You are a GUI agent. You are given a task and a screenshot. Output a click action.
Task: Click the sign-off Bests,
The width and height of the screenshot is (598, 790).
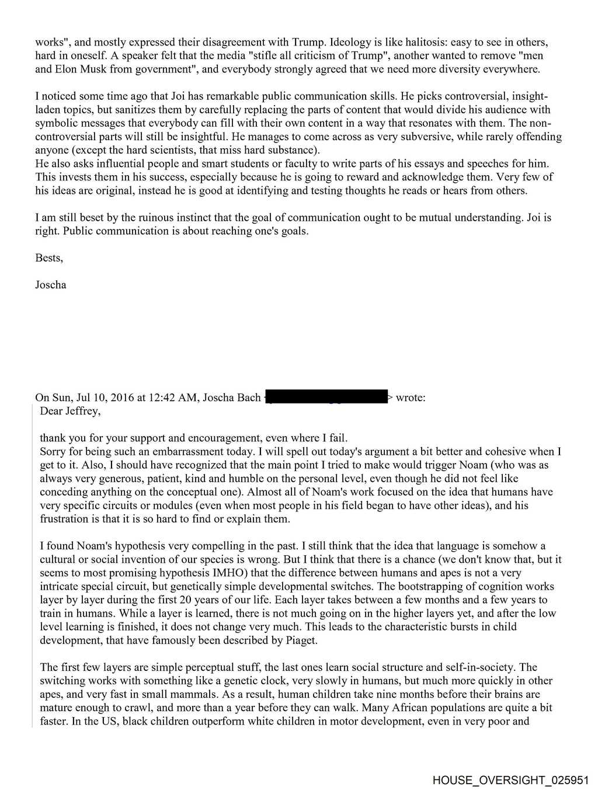[49, 257]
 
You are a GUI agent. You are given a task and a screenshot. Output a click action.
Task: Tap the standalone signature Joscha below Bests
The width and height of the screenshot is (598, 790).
[51, 284]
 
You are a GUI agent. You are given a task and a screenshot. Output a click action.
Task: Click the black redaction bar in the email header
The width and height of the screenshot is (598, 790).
[327, 397]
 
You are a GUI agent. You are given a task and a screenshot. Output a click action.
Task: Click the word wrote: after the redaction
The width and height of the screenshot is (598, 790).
[411, 398]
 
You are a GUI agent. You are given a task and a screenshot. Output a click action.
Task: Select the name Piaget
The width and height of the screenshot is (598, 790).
[302, 640]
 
